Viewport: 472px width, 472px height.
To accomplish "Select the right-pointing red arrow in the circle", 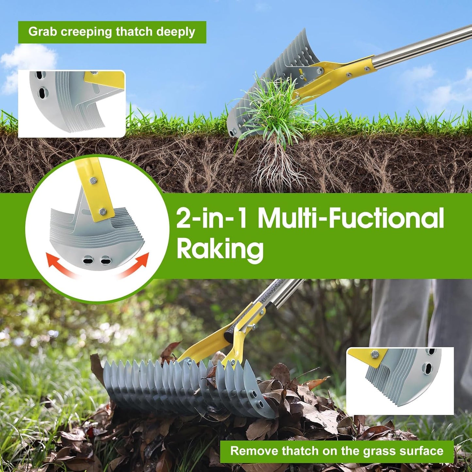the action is pos(134,265).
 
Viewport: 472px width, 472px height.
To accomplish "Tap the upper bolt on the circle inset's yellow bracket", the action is pos(93,181).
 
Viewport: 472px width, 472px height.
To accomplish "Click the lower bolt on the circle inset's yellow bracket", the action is pos(103,210).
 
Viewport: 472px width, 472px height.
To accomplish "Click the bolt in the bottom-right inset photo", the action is pos(374,354).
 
